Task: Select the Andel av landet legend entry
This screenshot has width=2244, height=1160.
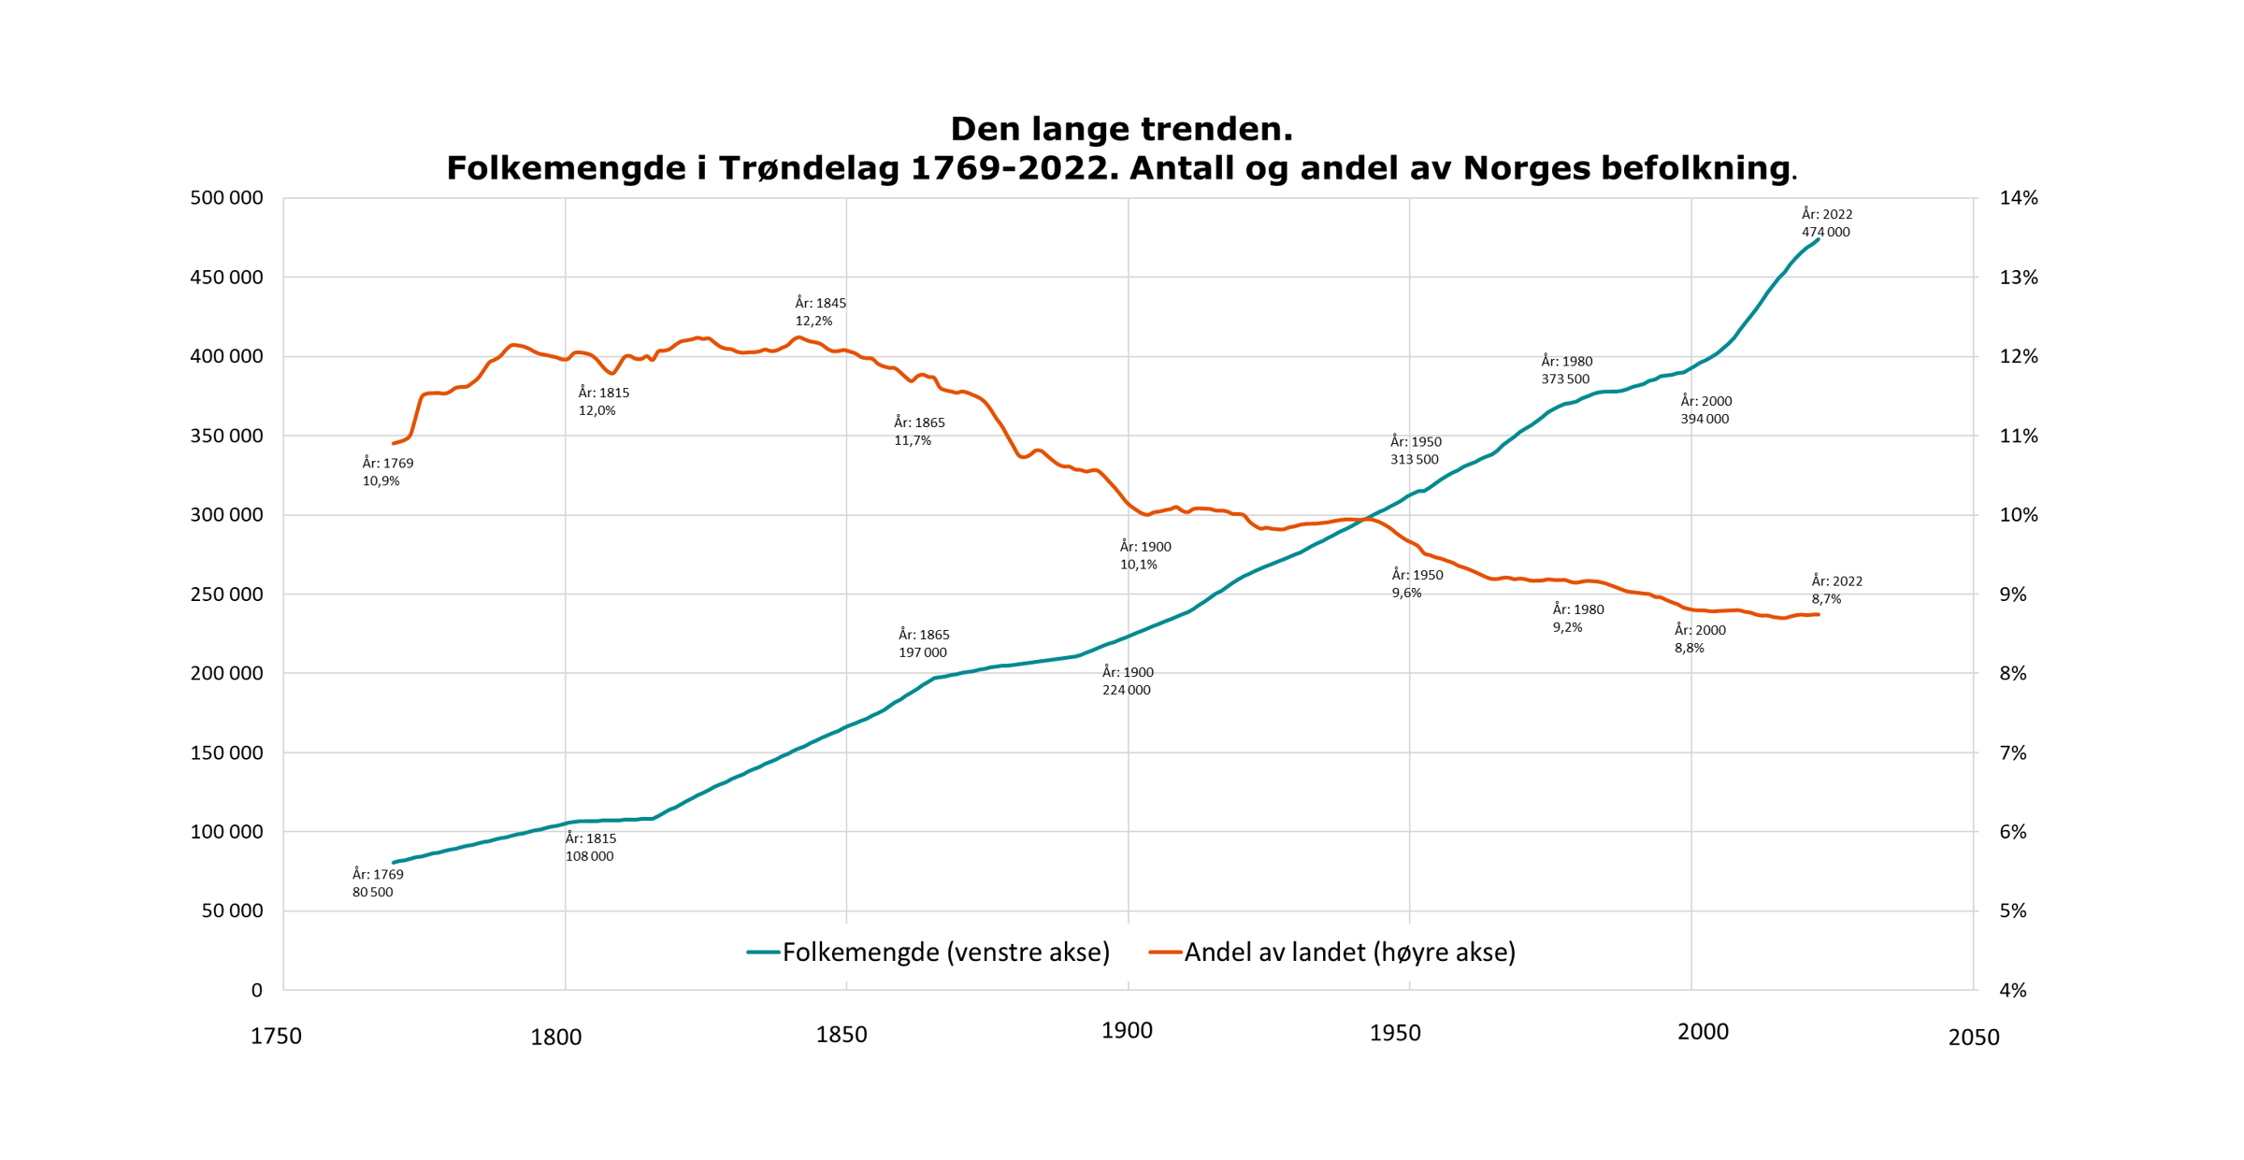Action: point(1332,952)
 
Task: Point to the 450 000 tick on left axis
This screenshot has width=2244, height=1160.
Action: point(226,278)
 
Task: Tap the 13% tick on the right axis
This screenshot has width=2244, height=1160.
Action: point(2018,278)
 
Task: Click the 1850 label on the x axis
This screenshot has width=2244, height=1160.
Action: point(841,1035)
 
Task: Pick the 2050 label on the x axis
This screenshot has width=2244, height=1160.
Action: point(1973,1038)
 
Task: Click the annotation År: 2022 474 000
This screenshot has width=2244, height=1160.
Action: point(1826,223)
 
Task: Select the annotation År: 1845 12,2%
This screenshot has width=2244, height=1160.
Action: point(820,312)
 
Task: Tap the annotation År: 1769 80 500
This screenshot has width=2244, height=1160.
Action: point(377,883)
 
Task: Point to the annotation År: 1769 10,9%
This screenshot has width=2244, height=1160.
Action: point(387,472)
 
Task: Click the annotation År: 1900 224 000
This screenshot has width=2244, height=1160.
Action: point(1127,681)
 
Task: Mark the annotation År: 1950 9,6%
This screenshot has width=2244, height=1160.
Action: point(1417,584)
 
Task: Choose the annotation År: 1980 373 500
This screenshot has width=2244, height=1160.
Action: point(1566,370)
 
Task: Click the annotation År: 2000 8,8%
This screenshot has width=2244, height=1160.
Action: point(1699,639)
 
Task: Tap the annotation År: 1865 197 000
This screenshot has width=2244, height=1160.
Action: point(923,644)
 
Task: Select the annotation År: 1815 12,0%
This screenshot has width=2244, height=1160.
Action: point(603,402)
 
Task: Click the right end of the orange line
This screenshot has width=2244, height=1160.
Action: point(1818,615)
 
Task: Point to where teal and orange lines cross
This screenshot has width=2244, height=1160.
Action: point(1366,519)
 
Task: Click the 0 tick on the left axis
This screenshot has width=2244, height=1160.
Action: point(256,991)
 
